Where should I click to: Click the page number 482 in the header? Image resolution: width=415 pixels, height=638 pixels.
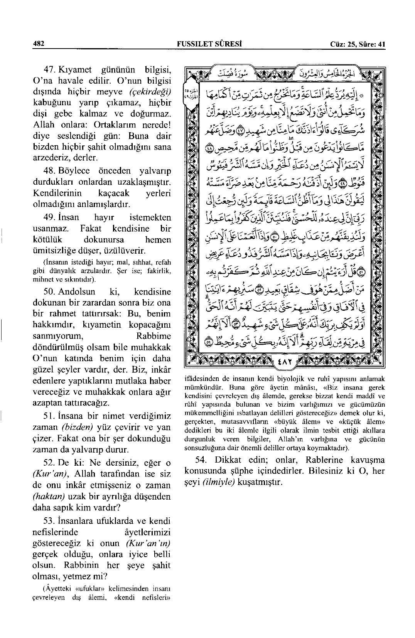click(39, 44)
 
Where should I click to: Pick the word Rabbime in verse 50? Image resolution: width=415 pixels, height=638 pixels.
click(154, 336)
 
